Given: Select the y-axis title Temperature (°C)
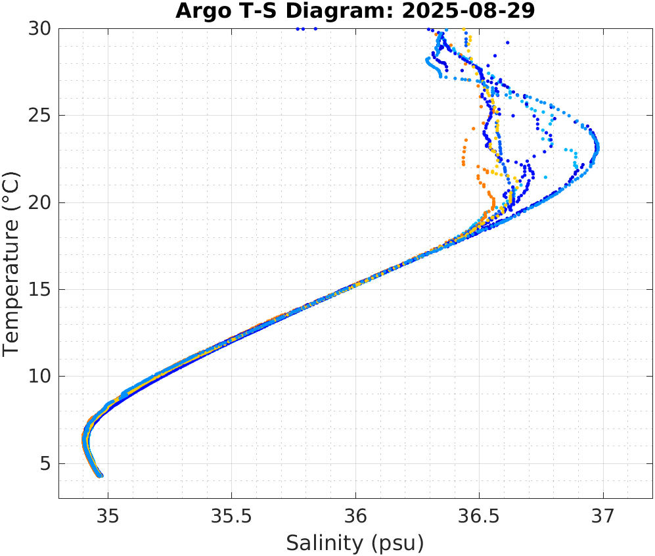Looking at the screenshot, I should click(x=11, y=263).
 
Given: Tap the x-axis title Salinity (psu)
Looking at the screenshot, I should click(x=355, y=543).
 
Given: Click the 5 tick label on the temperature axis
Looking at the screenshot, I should click(x=45, y=463).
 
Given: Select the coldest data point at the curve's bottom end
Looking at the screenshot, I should click(x=101, y=475).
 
